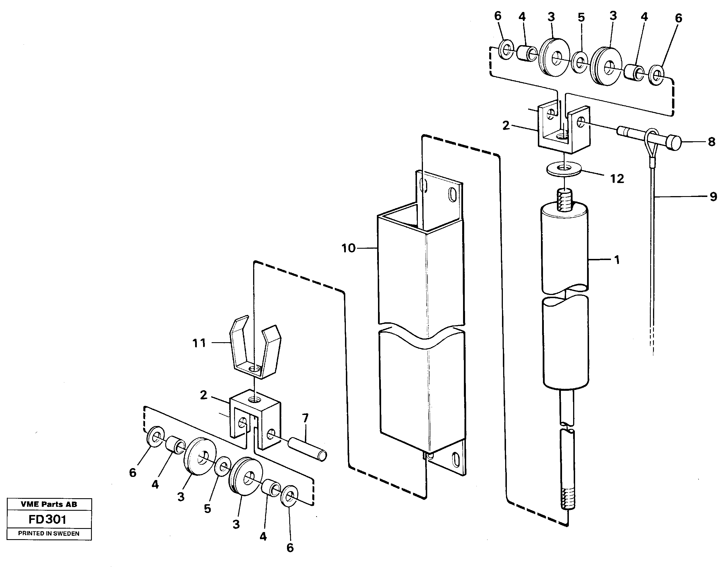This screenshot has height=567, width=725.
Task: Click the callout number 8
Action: click(711, 142)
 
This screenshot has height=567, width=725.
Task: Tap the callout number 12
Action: click(617, 179)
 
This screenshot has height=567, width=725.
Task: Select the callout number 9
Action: click(713, 197)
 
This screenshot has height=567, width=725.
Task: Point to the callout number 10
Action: click(348, 248)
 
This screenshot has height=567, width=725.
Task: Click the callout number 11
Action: click(199, 343)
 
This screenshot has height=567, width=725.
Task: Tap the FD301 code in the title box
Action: click(48, 519)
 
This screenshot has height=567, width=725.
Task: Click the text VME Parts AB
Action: click(49, 504)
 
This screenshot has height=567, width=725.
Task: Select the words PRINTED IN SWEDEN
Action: click(49, 533)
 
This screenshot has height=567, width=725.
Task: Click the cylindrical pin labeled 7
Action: click(307, 449)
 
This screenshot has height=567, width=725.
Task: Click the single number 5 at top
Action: click(581, 17)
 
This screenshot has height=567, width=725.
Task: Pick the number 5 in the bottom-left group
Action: click(207, 508)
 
